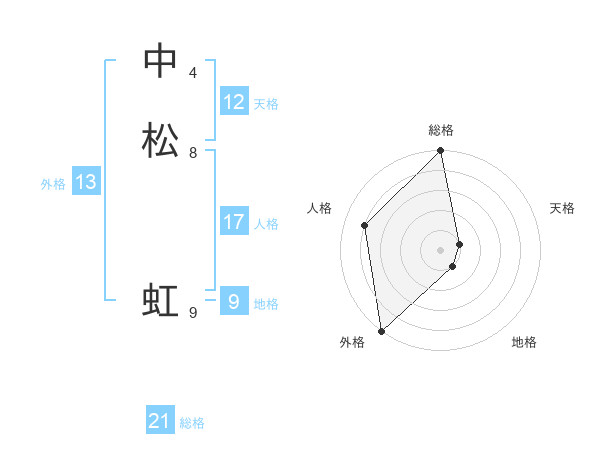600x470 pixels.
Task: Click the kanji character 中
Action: click(x=161, y=61)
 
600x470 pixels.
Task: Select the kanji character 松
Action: click(x=161, y=140)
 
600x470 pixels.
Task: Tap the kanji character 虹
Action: click(x=161, y=300)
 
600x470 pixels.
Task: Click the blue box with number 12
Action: click(x=234, y=102)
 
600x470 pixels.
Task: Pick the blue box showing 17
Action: click(x=234, y=222)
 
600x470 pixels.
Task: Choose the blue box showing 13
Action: click(x=86, y=182)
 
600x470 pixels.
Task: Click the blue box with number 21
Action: click(x=160, y=422)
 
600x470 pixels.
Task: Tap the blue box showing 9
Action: click(x=234, y=300)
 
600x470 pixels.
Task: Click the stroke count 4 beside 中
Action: click(x=193, y=73)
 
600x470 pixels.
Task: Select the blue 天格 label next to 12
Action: click(x=266, y=104)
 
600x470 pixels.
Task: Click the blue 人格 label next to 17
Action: click(x=267, y=224)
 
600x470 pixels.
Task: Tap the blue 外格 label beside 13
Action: click(x=53, y=184)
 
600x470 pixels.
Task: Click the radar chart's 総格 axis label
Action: click(x=441, y=130)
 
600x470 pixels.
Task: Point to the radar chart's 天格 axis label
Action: click(x=562, y=208)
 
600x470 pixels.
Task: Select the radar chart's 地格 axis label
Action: click(x=524, y=342)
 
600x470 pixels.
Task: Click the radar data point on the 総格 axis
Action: click(x=441, y=151)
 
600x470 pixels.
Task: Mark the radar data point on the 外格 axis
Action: click(x=380, y=331)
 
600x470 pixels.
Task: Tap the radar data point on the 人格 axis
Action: click(x=365, y=225)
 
